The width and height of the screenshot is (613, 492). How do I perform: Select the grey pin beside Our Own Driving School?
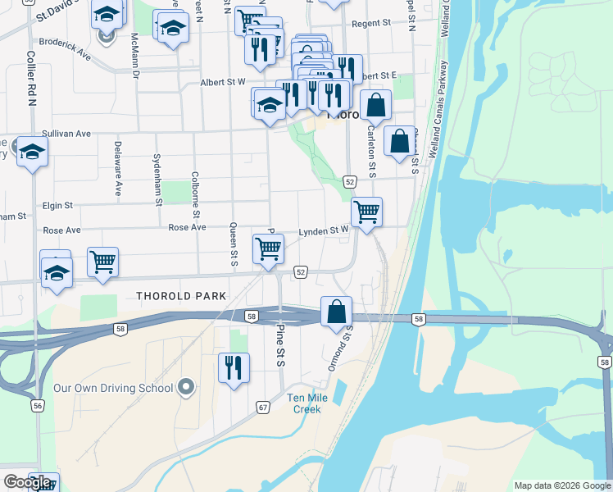click(186, 386)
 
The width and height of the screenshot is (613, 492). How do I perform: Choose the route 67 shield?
click(263, 407)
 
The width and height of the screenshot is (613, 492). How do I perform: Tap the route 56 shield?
click(38, 405)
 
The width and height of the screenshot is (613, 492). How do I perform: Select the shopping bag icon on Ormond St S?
click(336, 312)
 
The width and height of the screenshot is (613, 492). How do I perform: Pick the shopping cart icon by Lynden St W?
click(366, 211)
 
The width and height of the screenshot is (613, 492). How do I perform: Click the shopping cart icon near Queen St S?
click(268, 248)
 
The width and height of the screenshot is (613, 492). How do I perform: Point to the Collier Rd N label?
click(31, 79)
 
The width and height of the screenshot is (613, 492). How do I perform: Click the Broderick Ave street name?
click(65, 47)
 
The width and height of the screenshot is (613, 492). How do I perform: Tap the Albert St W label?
click(223, 82)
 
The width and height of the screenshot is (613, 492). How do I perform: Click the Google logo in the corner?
click(27, 482)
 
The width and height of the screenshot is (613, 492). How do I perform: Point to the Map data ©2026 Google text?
click(562, 485)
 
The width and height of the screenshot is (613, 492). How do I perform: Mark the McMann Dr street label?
click(135, 55)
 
